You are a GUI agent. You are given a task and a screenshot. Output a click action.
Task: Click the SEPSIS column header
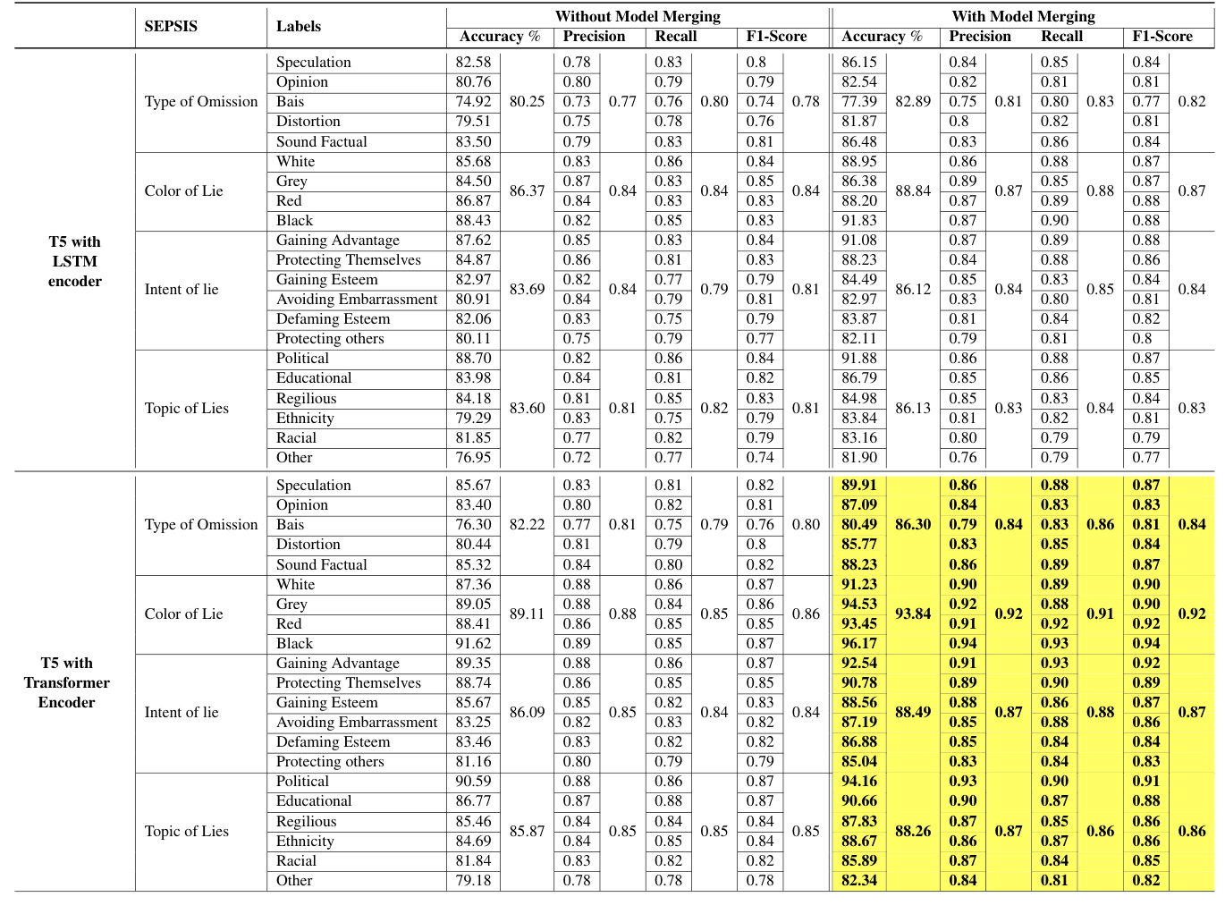(171, 26)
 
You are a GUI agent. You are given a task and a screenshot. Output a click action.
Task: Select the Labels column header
(298, 26)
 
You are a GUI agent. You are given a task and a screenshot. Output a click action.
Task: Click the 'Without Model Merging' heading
(638, 16)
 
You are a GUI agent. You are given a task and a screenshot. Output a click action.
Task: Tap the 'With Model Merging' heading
(1023, 16)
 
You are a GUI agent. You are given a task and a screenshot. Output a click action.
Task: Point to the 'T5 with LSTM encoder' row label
(74, 261)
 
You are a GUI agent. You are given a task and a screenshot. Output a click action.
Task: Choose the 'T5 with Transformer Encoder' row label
(67, 682)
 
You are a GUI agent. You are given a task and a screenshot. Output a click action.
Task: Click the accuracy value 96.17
(858, 643)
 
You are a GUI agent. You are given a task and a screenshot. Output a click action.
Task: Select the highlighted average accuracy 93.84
(913, 614)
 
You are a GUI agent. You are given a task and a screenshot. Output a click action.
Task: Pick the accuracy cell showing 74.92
(473, 101)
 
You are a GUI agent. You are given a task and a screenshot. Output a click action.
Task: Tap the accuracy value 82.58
(473, 62)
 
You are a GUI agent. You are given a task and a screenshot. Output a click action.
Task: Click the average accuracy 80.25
(527, 101)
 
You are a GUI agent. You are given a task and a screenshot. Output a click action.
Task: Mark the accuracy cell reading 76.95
(473, 457)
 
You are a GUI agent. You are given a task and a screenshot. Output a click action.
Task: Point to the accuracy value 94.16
(858, 781)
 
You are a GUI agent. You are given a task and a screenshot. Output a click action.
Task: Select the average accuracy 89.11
(527, 614)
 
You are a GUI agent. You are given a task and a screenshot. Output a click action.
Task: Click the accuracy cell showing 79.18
(473, 880)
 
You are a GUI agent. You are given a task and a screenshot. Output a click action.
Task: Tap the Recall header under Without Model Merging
(675, 37)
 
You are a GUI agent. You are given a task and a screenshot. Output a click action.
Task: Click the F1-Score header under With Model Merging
(1162, 37)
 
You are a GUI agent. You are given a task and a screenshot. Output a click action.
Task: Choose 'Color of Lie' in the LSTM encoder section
(183, 190)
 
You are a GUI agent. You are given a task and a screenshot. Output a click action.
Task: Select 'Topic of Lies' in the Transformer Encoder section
(186, 831)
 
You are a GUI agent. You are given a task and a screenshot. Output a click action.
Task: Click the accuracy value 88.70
(473, 358)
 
